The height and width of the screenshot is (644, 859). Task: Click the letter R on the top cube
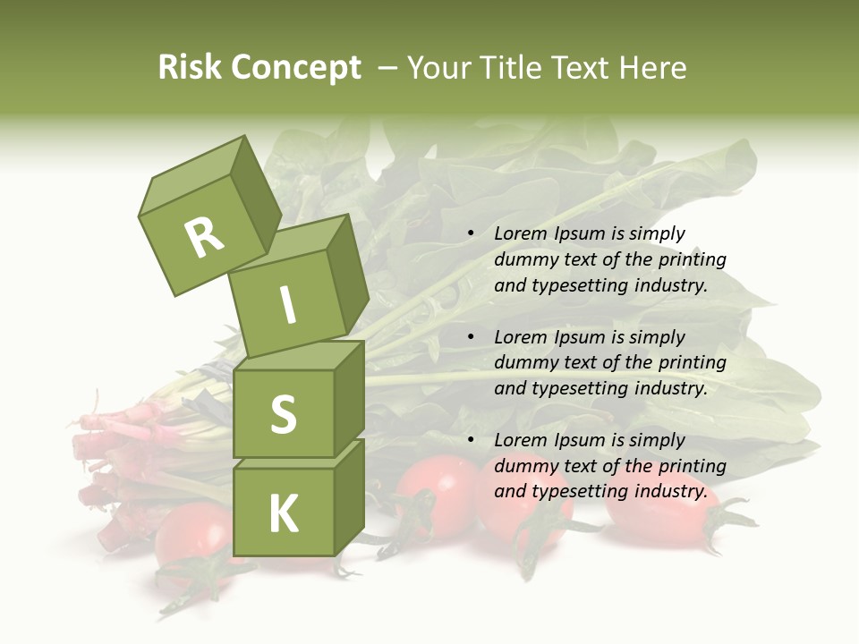(x=205, y=237)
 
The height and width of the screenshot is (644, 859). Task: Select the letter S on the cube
(x=283, y=414)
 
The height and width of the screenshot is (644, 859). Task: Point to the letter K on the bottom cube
(x=283, y=514)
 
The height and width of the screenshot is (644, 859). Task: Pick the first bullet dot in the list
(x=471, y=234)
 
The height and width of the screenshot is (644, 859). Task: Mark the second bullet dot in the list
(x=471, y=338)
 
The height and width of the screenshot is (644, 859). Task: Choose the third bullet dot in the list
(x=471, y=441)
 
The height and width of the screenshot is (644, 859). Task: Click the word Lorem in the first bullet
(x=520, y=233)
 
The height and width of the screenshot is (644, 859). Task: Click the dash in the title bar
(x=388, y=68)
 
